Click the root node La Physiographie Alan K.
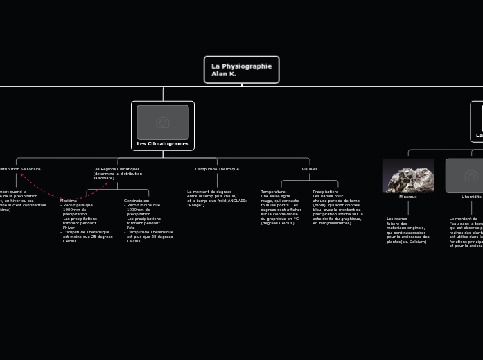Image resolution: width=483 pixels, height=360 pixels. click(241, 69)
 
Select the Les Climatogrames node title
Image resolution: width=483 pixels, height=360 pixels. click(163, 144)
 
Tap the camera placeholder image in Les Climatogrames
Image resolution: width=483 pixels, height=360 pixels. click(163, 123)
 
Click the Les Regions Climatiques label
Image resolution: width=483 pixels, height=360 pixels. click(116, 169)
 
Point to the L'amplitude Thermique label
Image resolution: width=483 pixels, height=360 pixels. click(217, 169)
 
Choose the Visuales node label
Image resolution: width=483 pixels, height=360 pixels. click(310, 169)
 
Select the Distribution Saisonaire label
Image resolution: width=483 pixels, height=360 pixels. click(20, 169)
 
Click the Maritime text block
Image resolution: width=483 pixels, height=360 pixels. click(87, 221)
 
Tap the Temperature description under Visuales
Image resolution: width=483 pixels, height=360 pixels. click(281, 207)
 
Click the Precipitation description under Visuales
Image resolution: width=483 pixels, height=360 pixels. click(337, 207)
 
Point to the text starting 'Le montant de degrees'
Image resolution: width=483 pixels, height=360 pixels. click(216, 198)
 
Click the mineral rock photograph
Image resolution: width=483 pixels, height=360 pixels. click(408, 176)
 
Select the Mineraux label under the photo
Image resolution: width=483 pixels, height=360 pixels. click(408, 197)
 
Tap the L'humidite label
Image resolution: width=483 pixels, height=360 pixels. click(471, 197)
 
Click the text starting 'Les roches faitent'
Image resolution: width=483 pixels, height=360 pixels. click(407, 230)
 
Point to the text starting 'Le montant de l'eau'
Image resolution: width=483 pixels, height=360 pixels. click(466, 232)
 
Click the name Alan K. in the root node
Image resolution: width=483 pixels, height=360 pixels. click(224, 74)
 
